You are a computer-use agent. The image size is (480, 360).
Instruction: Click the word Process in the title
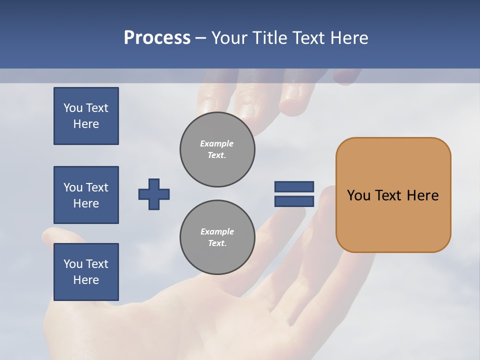click(157, 38)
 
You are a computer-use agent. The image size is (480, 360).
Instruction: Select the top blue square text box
click(86, 116)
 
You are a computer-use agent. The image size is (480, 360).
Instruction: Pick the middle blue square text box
click(86, 195)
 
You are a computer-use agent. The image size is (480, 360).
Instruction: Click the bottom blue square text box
click(86, 272)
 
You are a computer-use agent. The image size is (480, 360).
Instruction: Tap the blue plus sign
click(154, 194)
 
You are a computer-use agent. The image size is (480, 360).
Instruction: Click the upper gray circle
click(217, 149)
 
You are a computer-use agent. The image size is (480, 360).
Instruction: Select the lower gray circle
click(217, 237)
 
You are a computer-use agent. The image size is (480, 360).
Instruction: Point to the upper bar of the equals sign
click(294, 186)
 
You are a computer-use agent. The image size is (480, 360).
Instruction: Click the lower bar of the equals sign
click(294, 201)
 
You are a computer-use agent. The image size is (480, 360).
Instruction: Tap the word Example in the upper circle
click(216, 143)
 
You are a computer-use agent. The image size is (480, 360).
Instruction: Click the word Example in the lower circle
click(217, 231)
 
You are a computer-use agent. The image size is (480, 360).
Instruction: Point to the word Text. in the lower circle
click(217, 243)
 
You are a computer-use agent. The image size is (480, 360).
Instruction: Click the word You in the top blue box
click(73, 108)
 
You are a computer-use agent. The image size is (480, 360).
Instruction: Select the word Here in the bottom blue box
click(86, 280)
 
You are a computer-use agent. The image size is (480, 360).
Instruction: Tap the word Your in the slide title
click(231, 38)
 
